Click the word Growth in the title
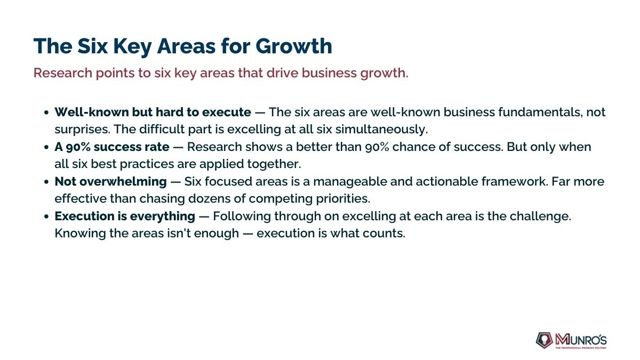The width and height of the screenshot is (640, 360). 294,46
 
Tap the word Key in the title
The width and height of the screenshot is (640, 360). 132,47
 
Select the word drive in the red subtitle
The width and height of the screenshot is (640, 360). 282,73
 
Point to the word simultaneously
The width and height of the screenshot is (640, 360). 381,130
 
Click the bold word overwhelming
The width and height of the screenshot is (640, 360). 123,182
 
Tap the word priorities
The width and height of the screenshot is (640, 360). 343,199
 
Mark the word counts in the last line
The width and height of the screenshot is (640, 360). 384,234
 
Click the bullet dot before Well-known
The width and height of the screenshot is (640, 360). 46,113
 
